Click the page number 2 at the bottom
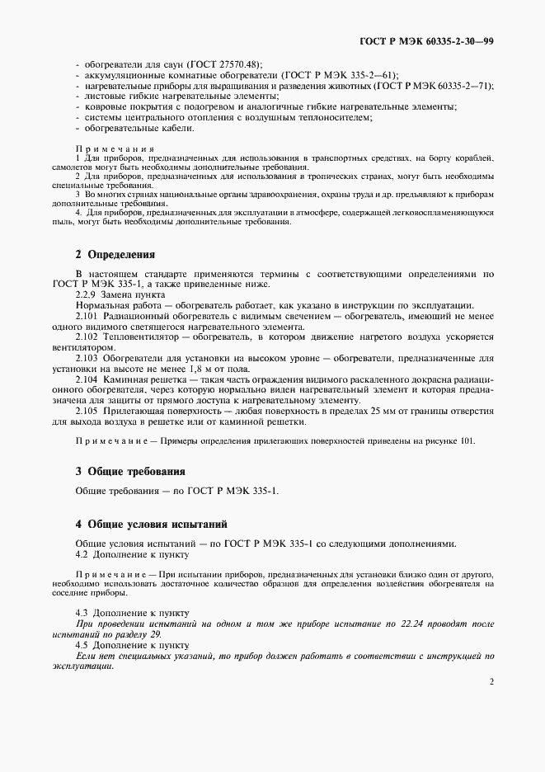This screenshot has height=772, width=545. tap(491, 682)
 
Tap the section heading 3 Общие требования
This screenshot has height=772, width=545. tap(129, 471)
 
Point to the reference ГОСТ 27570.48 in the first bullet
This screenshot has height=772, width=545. tap(223, 64)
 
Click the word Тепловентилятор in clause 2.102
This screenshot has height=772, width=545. tap(141, 337)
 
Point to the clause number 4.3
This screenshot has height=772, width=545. tap(82, 614)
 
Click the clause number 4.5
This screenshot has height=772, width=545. tap(82, 645)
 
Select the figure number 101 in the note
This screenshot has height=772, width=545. tap(467, 441)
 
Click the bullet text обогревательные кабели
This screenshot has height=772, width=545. tap(125, 128)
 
